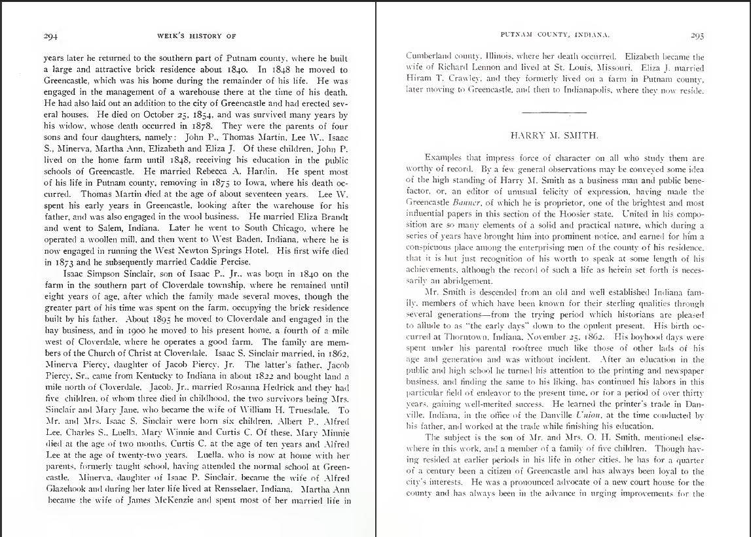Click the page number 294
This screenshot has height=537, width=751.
[x=51, y=36]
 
